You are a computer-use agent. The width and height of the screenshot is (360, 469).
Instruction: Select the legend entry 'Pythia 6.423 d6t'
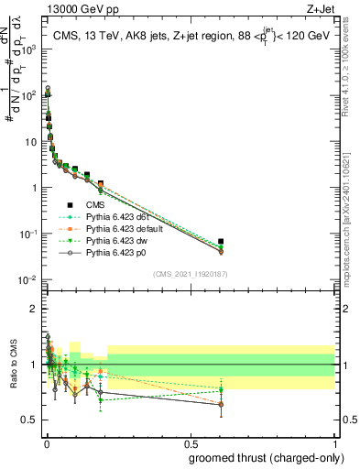tap(119, 217)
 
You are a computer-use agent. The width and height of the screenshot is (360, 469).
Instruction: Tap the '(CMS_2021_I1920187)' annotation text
tap(190, 274)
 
